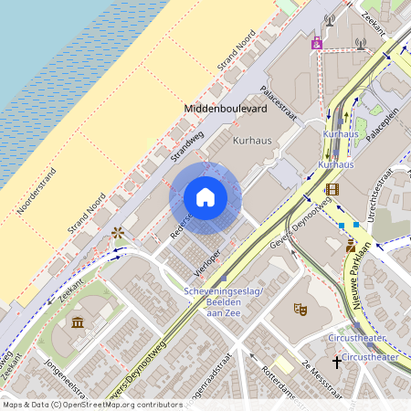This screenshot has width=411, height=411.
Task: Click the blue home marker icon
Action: [x=205, y=197]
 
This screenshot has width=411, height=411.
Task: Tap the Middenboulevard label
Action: [x=225, y=109]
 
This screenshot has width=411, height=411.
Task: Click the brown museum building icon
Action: [x=78, y=322]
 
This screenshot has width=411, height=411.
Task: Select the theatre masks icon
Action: [x=300, y=309]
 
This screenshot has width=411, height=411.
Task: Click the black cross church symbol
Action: [x=336, y=363]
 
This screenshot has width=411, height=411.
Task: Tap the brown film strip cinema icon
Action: [x=331, y=189]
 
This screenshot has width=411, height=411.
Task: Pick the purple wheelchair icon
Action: [x=317, y=41]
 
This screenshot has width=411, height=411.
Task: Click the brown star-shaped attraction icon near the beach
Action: [x=117, y=233]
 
